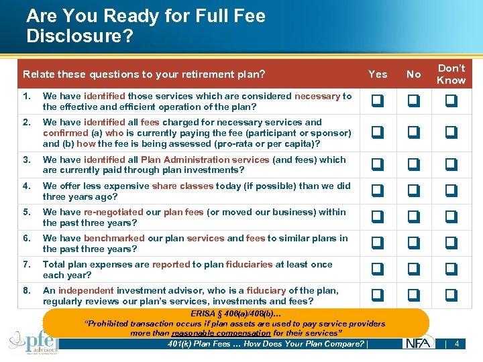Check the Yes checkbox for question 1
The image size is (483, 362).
click(378, 101)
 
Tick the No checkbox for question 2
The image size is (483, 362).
click(414, 133)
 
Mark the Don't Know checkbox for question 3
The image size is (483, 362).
click(451, 165)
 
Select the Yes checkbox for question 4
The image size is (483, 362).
click(378, 191)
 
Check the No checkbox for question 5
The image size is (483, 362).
click(414, 217)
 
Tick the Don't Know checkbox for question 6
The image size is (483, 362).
click(451, 243)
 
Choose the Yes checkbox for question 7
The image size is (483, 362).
click(378, 269)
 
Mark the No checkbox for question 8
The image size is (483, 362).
click(414, 296)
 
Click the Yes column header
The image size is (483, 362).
click(378, 74)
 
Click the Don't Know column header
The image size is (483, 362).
click(451, 74)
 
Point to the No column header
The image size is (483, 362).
click(414, 74)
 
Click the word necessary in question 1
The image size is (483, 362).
click(317, 96)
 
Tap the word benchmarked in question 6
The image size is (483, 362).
click(114, 238)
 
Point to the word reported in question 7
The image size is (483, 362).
click(171, 264)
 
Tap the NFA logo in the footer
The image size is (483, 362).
click(419, 343)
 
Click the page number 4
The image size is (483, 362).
click(457, 344)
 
